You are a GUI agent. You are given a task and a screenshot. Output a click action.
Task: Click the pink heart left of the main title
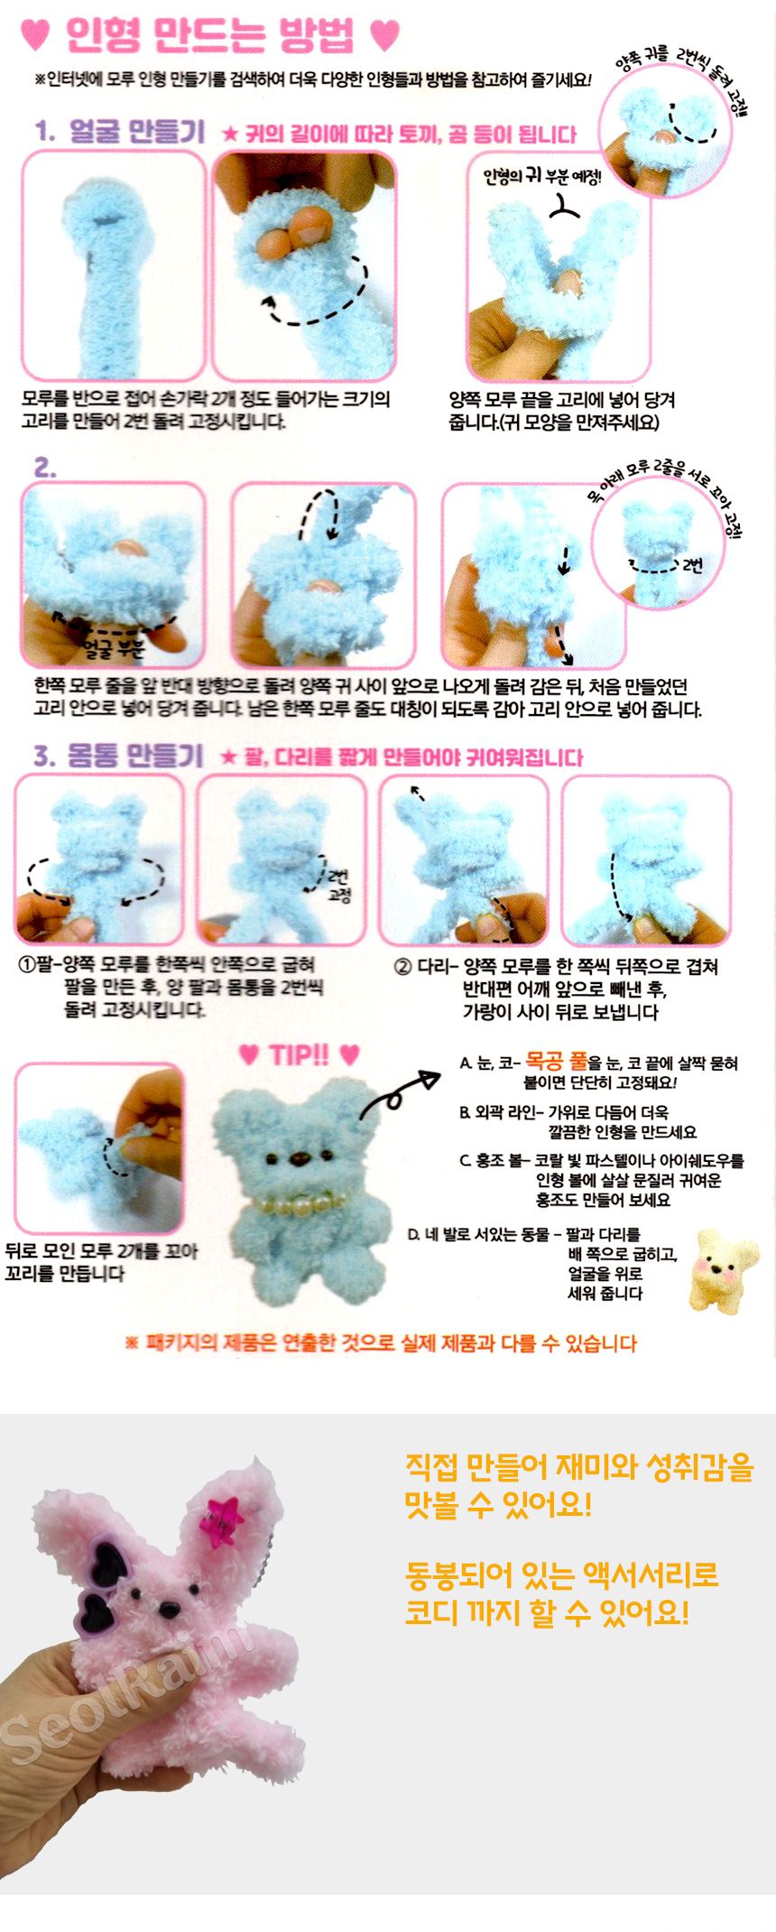tap(35, 36)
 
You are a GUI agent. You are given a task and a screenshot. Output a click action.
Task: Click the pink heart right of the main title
tap(384, 35)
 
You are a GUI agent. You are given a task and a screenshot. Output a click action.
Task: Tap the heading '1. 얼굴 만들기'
tap(120, 132)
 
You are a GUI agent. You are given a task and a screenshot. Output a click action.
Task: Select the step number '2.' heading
tap(45, 468)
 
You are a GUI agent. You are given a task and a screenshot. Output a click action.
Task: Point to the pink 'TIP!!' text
tap(299, 1055)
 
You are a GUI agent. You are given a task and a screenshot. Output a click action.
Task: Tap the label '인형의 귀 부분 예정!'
tap(542, 176)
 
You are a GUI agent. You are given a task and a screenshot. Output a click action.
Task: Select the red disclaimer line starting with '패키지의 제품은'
tap(381, 1343)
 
